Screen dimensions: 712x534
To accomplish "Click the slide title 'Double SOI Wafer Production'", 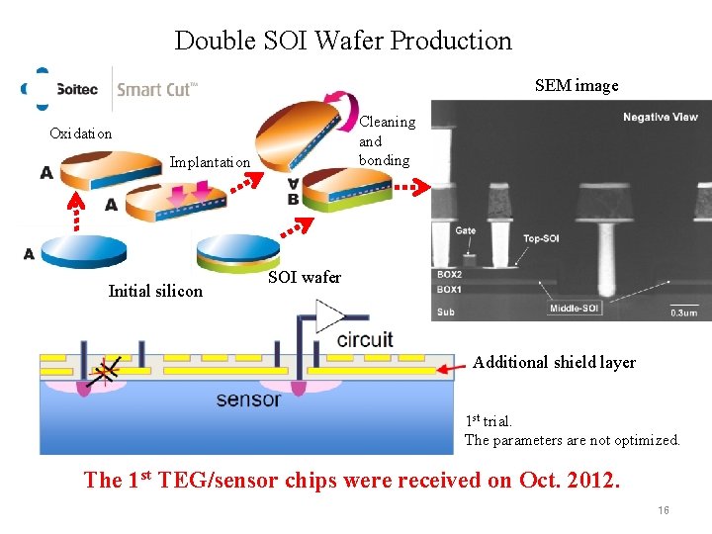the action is tap(343, 41).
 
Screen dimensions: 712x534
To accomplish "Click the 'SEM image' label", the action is tap(577, 85).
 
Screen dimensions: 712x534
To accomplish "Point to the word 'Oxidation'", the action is tap(81, 133).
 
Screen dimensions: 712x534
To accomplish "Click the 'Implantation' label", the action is tap(211, 161).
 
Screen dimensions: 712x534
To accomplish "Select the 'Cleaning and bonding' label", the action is tap(386, 140).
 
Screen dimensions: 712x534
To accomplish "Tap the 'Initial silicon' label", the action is tap(155, 291).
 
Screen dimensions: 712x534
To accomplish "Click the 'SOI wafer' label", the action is tap(305, 277).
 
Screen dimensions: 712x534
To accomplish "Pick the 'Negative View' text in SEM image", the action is tap(660, 118).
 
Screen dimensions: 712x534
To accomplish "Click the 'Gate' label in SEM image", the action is tap(465, 231).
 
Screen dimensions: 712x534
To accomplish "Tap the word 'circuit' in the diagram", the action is tap(364, 340).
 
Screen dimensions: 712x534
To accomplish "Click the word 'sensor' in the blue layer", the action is tap(248, 399).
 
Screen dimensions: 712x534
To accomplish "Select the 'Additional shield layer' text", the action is tap(554, 362).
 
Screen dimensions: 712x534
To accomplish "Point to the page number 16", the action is tap(664, 510).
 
